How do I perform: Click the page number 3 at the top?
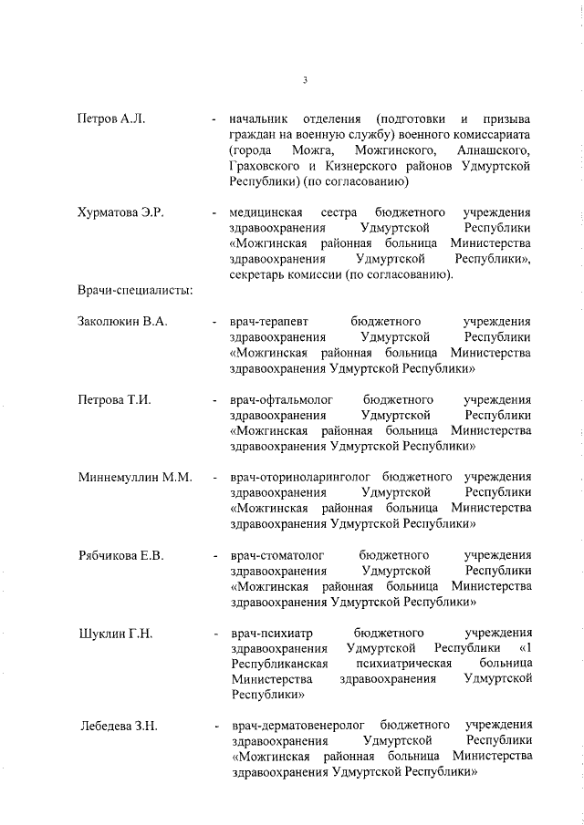304,81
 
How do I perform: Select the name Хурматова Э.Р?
120,212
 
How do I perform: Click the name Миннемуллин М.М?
134,477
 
